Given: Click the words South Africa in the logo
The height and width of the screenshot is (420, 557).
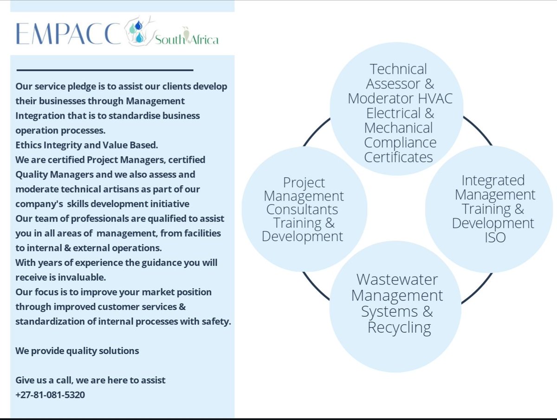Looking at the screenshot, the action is pos(187,39).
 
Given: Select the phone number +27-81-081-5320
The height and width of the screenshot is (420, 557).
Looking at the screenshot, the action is pos(50,395).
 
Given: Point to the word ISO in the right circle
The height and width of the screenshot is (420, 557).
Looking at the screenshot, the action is pos(493,237).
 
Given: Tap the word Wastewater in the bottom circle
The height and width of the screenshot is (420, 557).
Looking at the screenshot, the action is pos(397,280).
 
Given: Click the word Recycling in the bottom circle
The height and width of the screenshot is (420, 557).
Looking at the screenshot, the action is pos(399,328).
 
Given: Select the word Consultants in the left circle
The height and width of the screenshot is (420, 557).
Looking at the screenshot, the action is pos(302,209).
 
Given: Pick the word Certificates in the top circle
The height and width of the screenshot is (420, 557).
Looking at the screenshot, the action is pos(398,157).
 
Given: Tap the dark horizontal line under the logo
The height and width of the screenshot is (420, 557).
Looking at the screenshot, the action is pos(104,71).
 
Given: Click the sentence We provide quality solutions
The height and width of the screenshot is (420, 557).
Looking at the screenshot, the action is pos(77,350).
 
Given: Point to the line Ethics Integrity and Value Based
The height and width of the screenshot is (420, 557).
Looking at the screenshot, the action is pos(87,145).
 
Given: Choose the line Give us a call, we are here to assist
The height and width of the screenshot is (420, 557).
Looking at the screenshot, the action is pos(91,380).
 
